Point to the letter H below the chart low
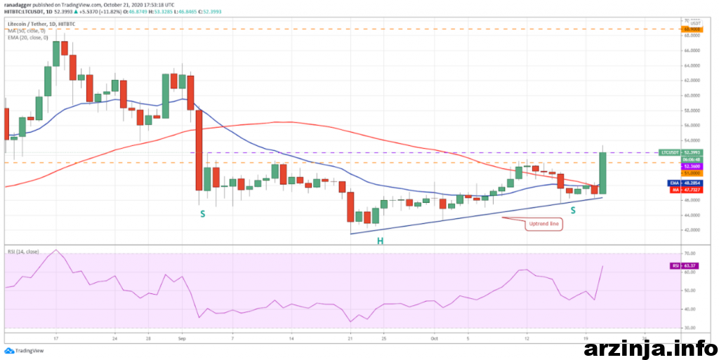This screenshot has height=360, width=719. (x=379, y=241)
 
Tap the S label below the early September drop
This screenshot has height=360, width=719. (x=202, y=213)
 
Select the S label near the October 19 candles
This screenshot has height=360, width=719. (x=573, y=210)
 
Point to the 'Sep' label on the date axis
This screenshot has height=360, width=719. (x=182, y=338)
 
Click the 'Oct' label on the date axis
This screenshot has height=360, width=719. (x=433, y=338)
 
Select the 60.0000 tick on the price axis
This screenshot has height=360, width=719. (x=692, y=95)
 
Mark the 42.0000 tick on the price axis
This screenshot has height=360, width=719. (x=692, y=230)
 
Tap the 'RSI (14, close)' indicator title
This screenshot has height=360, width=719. (x=22, y=251)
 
